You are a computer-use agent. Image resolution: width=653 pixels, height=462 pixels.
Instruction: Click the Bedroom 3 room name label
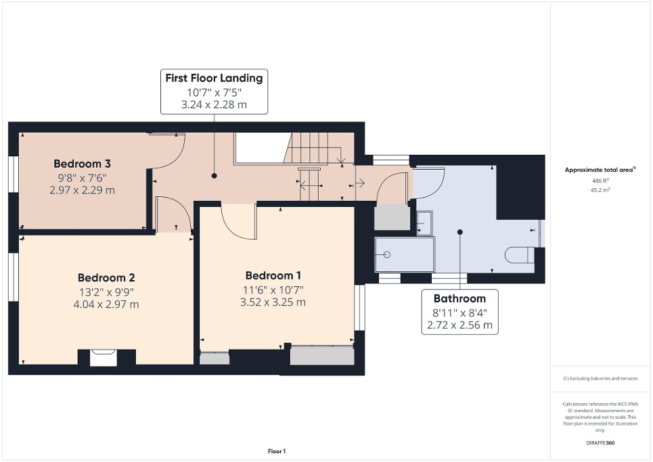coord(82,164)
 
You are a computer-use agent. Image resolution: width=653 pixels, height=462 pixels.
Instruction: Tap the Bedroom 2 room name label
coord(106,277)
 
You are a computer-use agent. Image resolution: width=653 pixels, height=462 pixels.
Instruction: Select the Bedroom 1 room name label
coord(273,275)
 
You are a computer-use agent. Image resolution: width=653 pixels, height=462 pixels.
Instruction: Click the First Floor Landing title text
coord(214,78)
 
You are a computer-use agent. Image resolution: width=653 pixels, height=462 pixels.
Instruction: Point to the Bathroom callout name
coord(459,298)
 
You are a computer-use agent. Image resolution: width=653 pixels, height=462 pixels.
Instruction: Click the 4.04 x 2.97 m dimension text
coord(106,304)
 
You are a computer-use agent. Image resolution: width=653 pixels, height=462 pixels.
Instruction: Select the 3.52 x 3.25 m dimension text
coord(273,302)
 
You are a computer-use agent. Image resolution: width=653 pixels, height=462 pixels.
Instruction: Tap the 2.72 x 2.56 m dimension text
coord(459,325)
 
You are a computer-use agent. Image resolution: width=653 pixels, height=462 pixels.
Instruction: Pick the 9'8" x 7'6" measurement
coord(82,177)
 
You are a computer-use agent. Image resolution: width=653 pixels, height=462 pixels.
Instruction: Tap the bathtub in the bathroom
coord(405,254)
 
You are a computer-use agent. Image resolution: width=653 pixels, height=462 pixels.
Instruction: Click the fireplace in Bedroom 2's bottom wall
coord(104,357)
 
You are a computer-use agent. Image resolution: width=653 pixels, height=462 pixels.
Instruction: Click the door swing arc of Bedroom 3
coord(169,150)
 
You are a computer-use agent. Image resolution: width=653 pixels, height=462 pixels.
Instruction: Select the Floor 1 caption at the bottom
coord(276,451)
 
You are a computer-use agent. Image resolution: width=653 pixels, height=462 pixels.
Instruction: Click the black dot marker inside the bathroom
coord(459,232)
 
